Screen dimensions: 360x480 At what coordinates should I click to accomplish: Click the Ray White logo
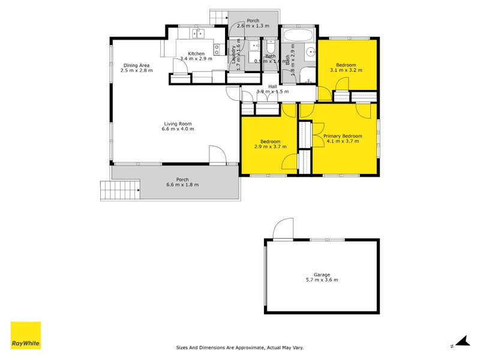click(x=26, y=335)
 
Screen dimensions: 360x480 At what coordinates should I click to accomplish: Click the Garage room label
click(x=322, y=275)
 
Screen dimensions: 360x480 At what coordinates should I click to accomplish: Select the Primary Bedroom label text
click(x=343, y=136)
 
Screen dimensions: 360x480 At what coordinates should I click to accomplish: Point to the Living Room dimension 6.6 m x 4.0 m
click(x=178, y=129)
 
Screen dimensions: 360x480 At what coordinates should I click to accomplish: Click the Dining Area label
click(x=136, y=65)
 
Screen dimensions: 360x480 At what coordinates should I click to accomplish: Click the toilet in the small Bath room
click(x=271, y=46)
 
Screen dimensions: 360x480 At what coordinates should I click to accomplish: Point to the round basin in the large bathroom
click(x=310, y=52)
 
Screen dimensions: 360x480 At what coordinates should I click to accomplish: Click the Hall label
click(x=273, y=86)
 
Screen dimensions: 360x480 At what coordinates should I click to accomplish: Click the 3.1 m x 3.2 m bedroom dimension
click(x=346, y=70)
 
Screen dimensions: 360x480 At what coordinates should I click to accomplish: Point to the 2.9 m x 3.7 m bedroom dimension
click(x=271, y=146)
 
